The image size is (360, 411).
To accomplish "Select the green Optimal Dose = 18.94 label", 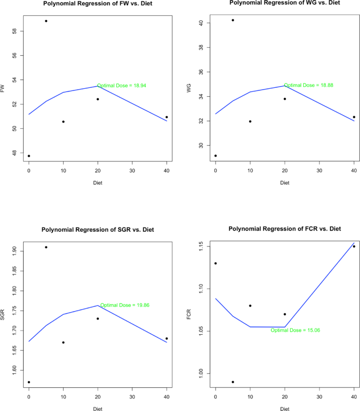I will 120,85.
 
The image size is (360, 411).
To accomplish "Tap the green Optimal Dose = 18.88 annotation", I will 308,85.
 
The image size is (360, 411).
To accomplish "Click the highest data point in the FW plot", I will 46,21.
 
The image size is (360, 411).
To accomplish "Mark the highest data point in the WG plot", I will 233,20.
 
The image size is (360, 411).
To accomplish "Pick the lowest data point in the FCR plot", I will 233,382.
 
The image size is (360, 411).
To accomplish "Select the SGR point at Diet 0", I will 29,382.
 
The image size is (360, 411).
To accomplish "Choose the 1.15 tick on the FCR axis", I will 202,246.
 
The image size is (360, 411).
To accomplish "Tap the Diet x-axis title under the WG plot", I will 284,183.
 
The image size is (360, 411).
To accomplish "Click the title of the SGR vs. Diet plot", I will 98,229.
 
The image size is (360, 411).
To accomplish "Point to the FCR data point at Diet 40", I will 354,246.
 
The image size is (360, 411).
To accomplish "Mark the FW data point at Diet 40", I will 167,117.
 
